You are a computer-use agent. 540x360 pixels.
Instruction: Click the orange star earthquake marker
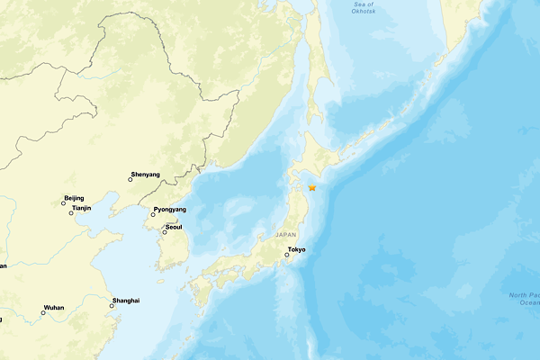312,188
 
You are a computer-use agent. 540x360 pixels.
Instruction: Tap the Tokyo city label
296,248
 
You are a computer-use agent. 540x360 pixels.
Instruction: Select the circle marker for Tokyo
287,256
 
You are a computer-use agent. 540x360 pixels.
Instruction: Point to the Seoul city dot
165,232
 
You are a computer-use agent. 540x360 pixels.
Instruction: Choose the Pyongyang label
170,210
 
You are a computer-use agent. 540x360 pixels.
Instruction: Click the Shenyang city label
146,174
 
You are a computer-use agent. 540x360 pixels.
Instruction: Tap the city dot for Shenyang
130,180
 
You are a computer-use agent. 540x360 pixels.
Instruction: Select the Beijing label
74,197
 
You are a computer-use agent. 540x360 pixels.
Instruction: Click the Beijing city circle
63,203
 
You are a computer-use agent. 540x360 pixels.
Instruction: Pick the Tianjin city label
82,207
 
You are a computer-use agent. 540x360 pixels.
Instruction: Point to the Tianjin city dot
71,213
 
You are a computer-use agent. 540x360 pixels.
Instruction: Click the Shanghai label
126,300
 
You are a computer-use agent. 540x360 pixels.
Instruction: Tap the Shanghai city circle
112,306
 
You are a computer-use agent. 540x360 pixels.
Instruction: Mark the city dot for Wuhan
42,313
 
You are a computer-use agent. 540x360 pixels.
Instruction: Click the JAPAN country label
287,234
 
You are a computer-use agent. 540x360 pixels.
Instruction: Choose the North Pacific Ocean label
523,300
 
